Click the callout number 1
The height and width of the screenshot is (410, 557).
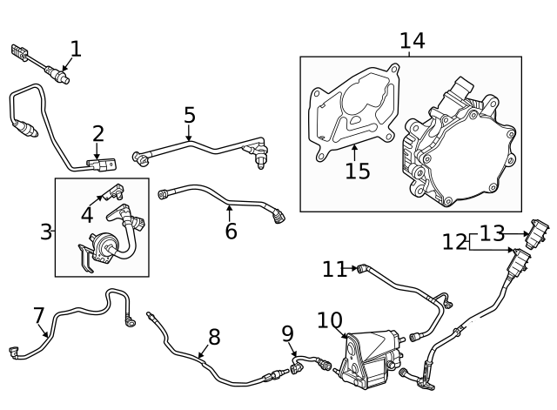click(x=76, y=49)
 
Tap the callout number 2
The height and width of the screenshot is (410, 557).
click(x=98, y=133)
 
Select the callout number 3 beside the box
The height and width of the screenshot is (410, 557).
click(x=46, y=232)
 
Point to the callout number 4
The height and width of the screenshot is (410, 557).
click(x=87, y=214)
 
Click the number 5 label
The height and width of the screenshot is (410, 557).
click(x=190, y=115)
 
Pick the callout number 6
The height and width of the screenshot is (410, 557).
click(x=231, y=231)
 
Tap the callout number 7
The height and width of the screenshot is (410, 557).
click(x=39, y=314)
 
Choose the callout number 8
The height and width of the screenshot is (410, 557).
click(x=214, y=337)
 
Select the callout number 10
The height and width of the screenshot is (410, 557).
click(x=330, y=320)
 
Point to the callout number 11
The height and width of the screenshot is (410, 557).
click(x=334, y=269)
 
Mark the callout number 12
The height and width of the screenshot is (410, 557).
click(x=454, y=242)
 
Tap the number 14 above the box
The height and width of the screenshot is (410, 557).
click(x=412, y=40)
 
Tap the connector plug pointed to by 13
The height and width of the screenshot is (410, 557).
click(x=538, y=232)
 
